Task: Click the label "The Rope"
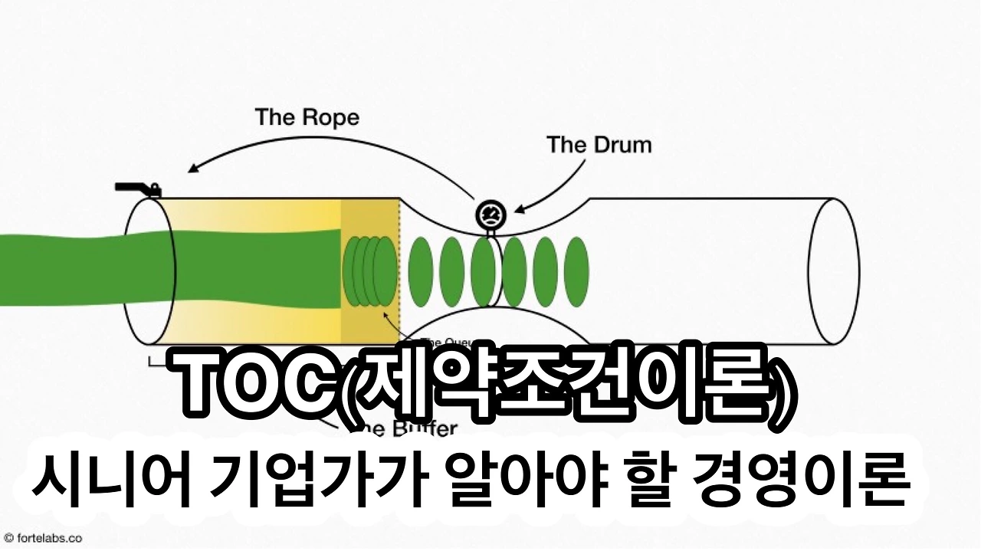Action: click(307, 117)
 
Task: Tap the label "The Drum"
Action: click(599, 144)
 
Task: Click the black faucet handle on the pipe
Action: click(136, 188)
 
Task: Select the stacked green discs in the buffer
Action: click(371, 271)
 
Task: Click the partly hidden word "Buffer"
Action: click(426, 428)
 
